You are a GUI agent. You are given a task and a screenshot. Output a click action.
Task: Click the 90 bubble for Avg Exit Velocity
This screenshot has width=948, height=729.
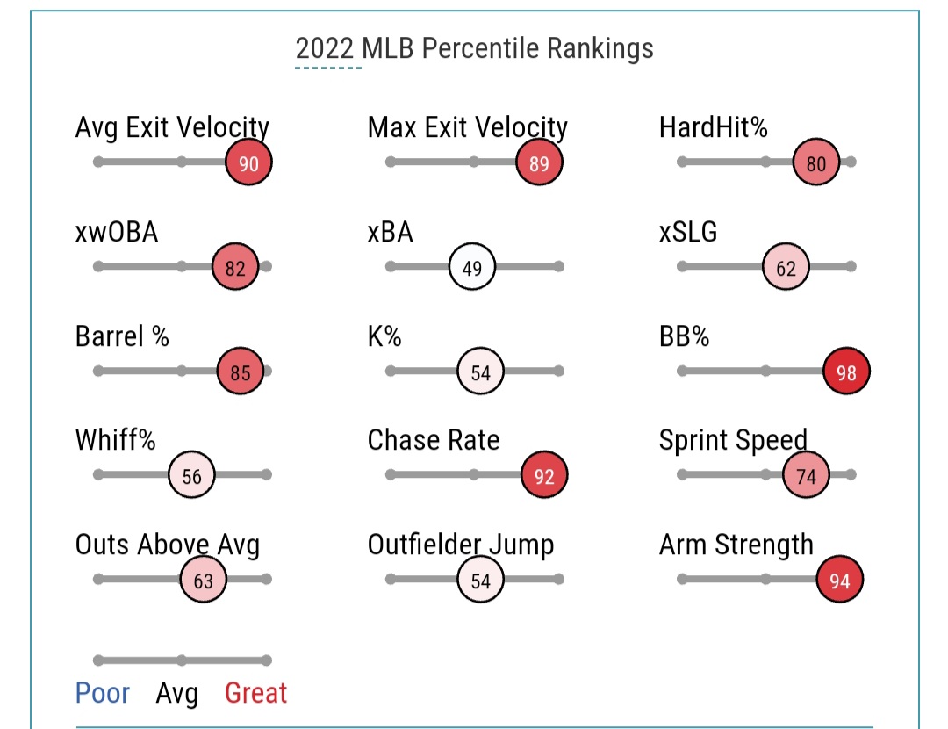(x=248, y=163)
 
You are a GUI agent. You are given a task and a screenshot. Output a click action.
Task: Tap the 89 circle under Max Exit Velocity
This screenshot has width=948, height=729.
(x=539, y=163)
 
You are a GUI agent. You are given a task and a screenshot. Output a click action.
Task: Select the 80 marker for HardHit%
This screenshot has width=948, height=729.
(x=815, y=163)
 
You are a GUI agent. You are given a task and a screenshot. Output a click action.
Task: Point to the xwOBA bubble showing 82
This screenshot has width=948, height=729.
(x=235, y=268)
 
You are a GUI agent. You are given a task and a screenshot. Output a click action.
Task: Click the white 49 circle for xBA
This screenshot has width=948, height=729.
(x=472, y=268)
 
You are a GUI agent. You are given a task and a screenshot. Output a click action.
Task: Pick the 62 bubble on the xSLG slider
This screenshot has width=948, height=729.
(x=786, y=268)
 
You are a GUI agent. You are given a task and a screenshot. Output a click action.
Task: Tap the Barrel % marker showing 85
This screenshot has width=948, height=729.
(x=240, y=372)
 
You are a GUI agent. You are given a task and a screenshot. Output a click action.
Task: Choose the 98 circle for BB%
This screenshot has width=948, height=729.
(x=846, y=372)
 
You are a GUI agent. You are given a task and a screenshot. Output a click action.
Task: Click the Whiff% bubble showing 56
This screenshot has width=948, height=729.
(x=191, y=476)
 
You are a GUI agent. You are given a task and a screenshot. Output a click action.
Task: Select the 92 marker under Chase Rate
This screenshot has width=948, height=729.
(x=544, y=476)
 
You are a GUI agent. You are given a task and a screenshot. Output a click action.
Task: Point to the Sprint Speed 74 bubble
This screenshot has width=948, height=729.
(x=806, y=476)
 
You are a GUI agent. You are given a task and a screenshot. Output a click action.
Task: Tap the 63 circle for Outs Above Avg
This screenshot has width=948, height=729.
(x=203, y=581)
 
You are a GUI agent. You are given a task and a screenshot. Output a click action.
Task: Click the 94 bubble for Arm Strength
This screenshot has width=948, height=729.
(x=840, y=581)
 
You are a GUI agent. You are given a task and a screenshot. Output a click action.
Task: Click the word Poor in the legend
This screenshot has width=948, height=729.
(x=103, y=694)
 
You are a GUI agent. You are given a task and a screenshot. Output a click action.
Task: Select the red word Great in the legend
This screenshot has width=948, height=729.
(x=256, y=694)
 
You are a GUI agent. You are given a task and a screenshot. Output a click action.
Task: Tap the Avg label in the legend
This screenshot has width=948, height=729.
(x=176, y=695)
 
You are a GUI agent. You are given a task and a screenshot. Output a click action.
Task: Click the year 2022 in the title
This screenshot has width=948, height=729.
(x=327, y=47)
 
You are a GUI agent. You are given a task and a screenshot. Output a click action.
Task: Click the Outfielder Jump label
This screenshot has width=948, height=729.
(x=461, y=545)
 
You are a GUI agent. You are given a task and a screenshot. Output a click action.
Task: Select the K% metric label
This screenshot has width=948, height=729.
(x=384, y=336)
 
